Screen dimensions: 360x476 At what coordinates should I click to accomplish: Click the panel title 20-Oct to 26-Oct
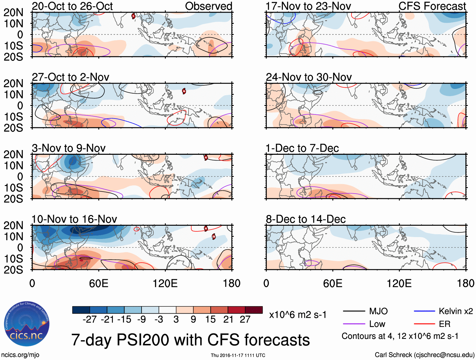point(72,6)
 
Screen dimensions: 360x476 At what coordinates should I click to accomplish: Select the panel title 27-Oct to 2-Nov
point(71,77)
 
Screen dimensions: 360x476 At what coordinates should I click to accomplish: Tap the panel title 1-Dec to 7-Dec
point(302,148)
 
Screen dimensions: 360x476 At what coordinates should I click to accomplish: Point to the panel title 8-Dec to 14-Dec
point(306,219)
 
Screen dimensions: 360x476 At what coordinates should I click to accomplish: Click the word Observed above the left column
point(208,6)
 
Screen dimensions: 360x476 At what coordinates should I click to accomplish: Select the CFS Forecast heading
point(432,6)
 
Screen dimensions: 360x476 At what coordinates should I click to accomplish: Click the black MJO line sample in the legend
point(354,311)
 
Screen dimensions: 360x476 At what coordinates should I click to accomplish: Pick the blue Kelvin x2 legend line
point(424,311)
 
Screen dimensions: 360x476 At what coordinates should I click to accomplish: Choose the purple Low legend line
point(354,324)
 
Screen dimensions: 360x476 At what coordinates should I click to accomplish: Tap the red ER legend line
point(424,324)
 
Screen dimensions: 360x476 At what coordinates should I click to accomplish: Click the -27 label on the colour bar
point(90,319)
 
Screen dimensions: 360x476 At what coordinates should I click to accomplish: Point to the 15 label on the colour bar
point(210,319)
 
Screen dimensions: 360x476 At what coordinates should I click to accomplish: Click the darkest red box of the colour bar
point(254,310)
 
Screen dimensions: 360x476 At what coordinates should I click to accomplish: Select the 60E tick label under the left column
point(99,283)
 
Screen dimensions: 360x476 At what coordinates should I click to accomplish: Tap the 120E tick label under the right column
point(399,283)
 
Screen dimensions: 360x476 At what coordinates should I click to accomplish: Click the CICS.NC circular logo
point(27,324)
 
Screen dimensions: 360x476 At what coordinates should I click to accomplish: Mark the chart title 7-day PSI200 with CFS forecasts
point(190,340)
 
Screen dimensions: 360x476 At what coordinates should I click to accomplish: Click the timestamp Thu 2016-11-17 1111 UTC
point(238,355)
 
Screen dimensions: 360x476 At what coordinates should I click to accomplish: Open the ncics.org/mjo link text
point(20,355)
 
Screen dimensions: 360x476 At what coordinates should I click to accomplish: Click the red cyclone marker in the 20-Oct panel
point(133,16)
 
